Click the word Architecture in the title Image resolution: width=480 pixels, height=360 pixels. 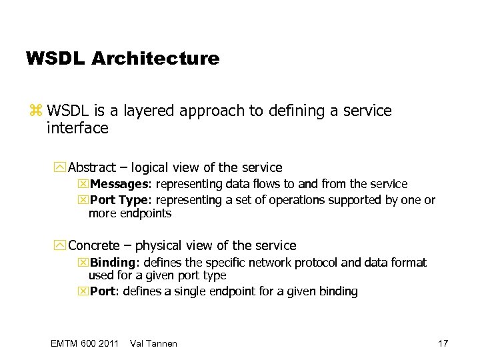pyautogui.click(x=155, y=59)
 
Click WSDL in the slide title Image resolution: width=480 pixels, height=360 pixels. pyautogui.click(x=55, y=59)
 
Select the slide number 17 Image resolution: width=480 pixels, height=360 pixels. pyautogui.click(x=443, y=343)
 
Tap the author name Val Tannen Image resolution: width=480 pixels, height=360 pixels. pyautogui.click(x=154, y=343)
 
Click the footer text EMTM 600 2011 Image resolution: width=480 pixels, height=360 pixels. pyautogui.click(x=84, y=343)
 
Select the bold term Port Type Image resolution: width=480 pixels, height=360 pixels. pyautogui.click(x=117, y=200)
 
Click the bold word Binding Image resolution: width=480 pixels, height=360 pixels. pyautogui.click(x=112, y=263)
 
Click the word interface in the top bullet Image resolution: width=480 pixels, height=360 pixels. pyautogui.click(x=77, y=128)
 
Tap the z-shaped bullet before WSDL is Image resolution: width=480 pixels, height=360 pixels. pyautogui.click(x=36, y=111)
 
